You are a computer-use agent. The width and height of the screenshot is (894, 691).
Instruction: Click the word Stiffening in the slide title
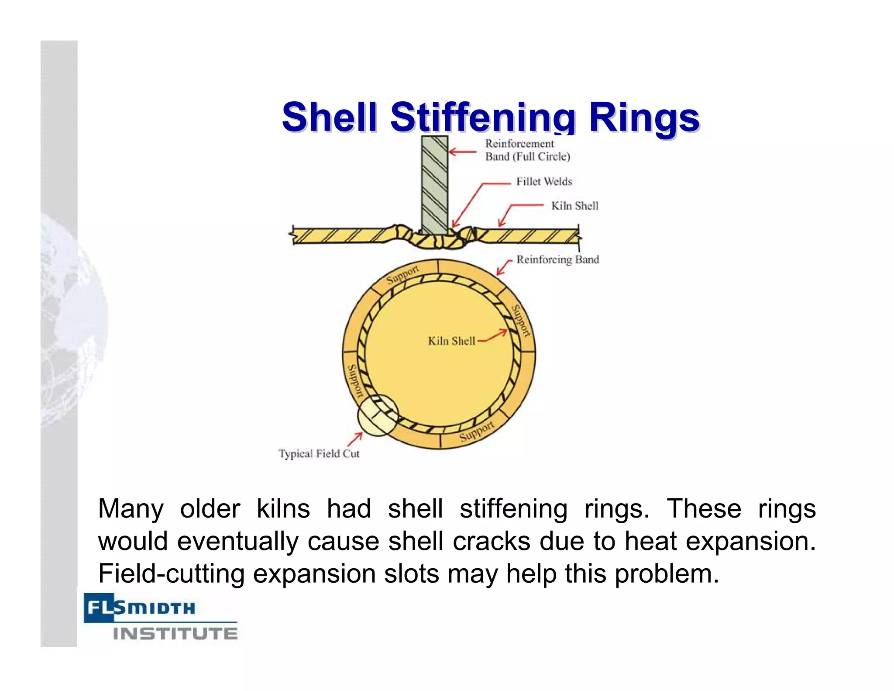pyautogui.click(x=483, y=117)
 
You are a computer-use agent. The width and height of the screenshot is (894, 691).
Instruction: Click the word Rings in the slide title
pyautogui.click(x=644, y=117)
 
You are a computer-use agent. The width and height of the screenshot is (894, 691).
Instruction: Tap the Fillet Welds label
pyautogui.click(x=544, y=182)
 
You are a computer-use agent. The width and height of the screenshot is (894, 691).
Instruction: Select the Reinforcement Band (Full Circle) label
pyautogui.click(x=527, y=150)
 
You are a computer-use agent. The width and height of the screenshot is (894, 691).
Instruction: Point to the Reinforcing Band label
pyautogui.click(x=557, y=260)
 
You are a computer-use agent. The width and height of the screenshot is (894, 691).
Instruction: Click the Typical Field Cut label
pyautogui.click(x=319, y=454)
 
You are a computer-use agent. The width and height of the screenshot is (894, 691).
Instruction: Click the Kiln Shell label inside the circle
pyautogui.click(x=451, y=341)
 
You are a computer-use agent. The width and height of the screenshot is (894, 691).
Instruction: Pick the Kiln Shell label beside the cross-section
pyautogui.click(x=574, y=206)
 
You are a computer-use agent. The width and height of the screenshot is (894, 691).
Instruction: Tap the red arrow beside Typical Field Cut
pyautogui.click(x=355, y=439)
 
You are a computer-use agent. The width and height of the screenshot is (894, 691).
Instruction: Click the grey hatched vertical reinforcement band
pyautogui.click(x=434, y=183)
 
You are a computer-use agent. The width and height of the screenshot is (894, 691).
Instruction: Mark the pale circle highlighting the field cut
pyautogui.click(x=377, y=415)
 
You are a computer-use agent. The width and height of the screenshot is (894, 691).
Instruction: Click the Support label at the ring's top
pyautogui.click(x=402, y=274)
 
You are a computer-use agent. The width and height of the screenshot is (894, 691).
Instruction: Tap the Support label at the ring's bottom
pyautogui.click(x=477, y=432)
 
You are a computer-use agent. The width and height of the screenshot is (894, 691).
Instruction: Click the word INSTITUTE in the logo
pyautogui.click(x=175, y=634)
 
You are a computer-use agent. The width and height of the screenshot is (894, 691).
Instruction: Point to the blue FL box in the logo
pyautogui.click(x=99, y=607)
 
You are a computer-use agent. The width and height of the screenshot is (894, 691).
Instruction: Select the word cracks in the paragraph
pyautogui.click(x=491, y=541)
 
